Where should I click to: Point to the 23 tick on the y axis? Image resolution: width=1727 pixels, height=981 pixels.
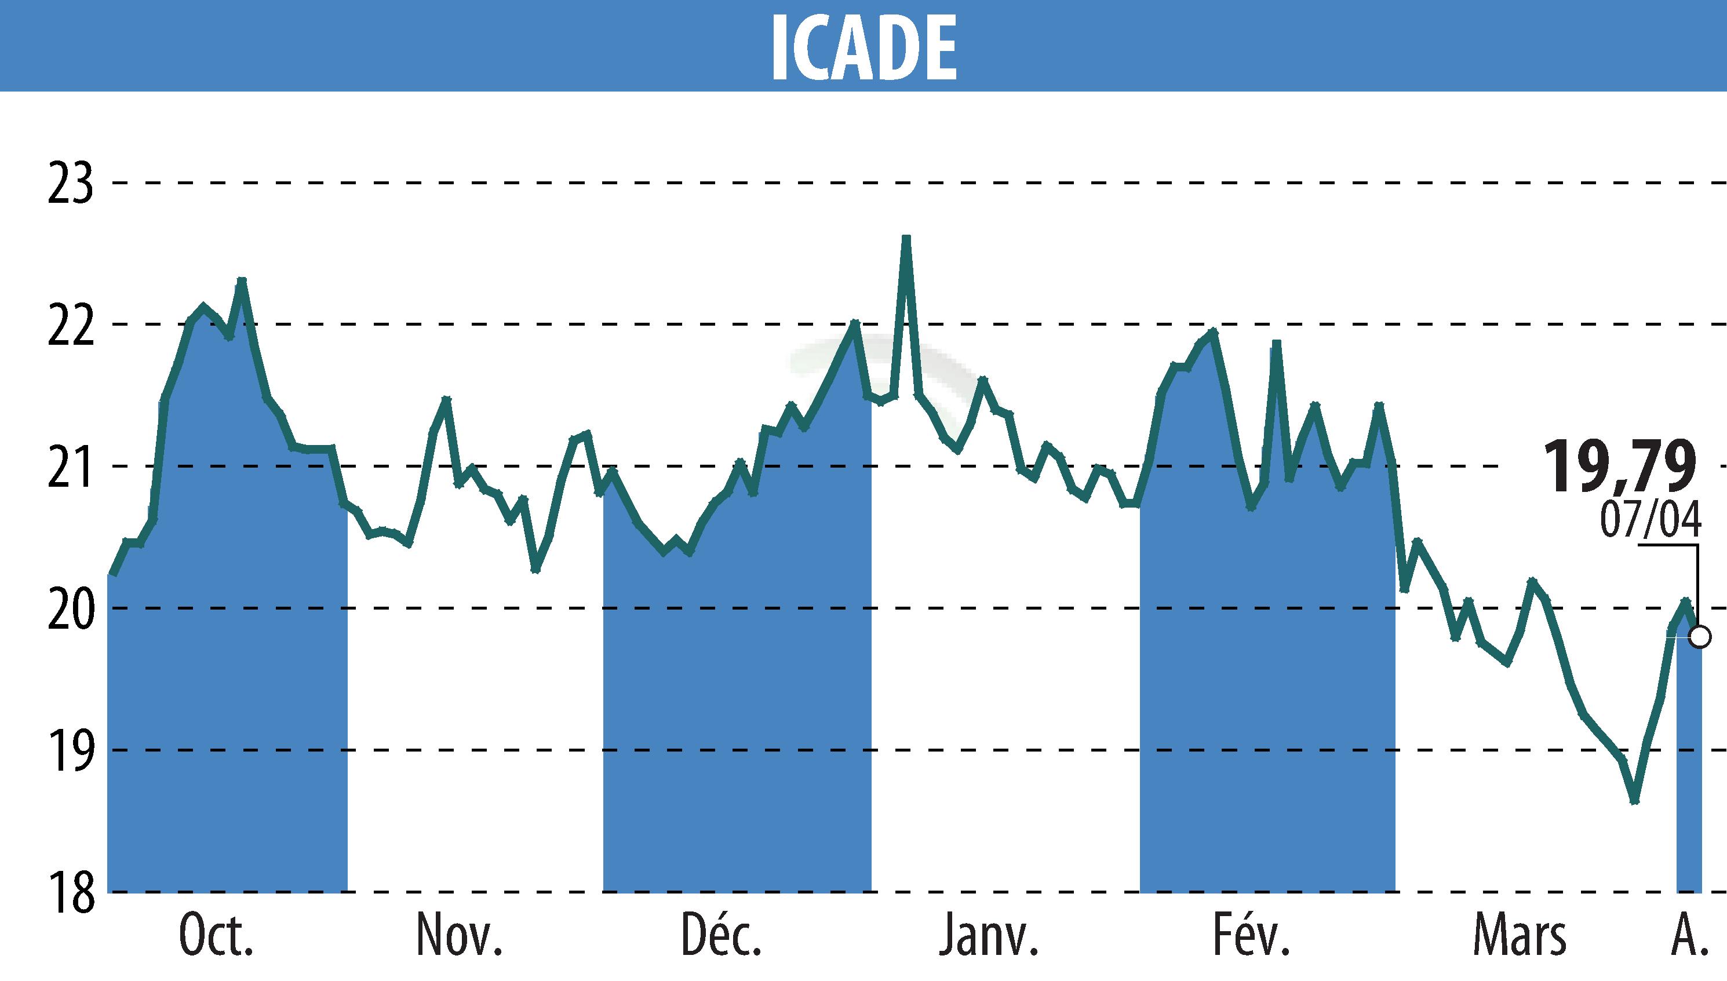(x=70, y=183)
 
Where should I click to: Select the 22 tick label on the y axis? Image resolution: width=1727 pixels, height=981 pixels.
(x=70, y=324)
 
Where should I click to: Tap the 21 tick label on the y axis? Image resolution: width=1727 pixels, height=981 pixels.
(x=70, y=466)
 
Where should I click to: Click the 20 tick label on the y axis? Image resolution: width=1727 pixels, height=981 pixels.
(x=70, y=608)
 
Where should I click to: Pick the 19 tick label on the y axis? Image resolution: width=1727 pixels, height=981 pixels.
(x=70, y=750)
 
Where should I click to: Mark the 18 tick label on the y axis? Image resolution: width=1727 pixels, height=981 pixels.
(x=70, y=892)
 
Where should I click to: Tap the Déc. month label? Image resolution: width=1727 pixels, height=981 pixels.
(x=722, y=936)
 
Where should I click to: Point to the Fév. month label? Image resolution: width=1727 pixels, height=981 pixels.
(x=1252, y=936)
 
